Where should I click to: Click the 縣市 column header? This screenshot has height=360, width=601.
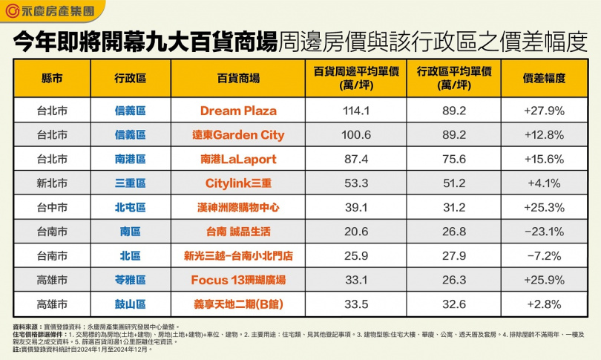click(52, 78)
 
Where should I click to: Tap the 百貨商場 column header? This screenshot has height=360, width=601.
click(238, 78)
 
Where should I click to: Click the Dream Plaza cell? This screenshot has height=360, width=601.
click(238, 111)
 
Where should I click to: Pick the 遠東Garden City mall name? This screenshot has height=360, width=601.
click(238, 135)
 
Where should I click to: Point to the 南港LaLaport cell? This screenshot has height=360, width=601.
click(238, 159)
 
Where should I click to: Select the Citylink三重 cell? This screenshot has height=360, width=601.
click(238, 183)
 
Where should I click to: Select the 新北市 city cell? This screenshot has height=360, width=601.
click(52, 183)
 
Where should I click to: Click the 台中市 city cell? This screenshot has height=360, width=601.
click(52, 207)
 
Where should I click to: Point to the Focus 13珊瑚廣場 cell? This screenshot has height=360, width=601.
click(238, 280)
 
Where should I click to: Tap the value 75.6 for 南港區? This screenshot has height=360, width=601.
click(453, 159)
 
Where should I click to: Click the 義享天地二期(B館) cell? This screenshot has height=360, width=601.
click(238, 304)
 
